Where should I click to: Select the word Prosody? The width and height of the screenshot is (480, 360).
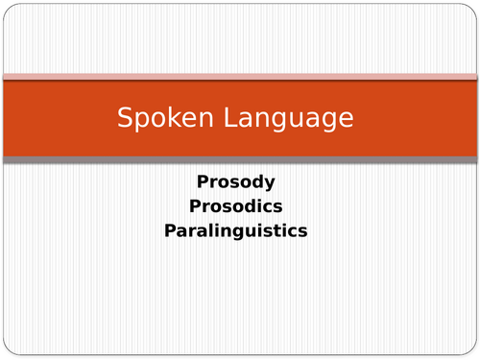pos(236,180)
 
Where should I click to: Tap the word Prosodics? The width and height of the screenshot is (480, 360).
pos(236,205)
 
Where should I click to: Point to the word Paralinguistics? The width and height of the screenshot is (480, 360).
pos(236,230)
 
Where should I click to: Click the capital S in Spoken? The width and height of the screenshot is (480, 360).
pos(125,118)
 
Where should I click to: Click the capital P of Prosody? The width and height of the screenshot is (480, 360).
pos(202,180)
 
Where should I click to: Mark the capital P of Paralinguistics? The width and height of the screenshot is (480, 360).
pos(171,230)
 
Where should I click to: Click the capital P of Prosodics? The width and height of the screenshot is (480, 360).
pos(195,205)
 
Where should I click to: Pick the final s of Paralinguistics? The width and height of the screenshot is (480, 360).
pos(301,230)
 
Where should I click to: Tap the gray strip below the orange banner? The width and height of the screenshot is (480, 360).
pos(240,158)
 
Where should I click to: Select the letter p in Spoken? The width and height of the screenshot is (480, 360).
pos(139,121)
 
